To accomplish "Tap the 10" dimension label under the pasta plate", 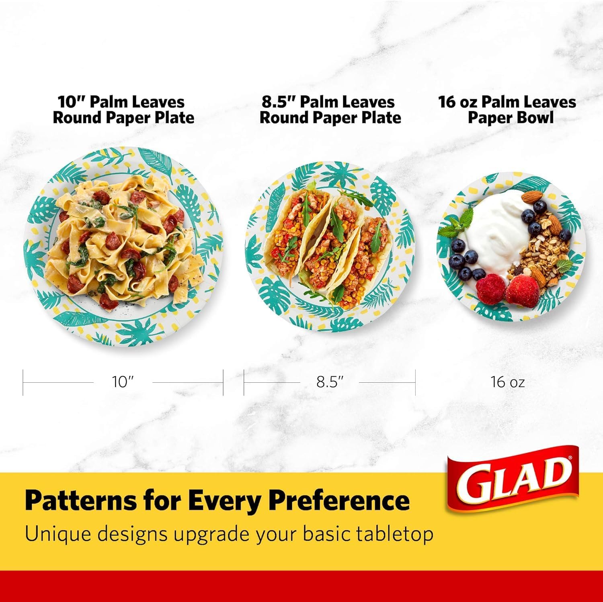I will point(123,382).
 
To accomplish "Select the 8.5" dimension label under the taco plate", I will point(330,382).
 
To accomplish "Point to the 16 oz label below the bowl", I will point(507,382).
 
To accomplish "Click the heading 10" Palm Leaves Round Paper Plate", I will point(123,110).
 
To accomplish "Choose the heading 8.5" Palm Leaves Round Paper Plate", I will point(330,110).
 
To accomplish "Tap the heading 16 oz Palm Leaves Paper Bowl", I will point(507,110).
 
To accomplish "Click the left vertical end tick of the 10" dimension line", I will point(23,382).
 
